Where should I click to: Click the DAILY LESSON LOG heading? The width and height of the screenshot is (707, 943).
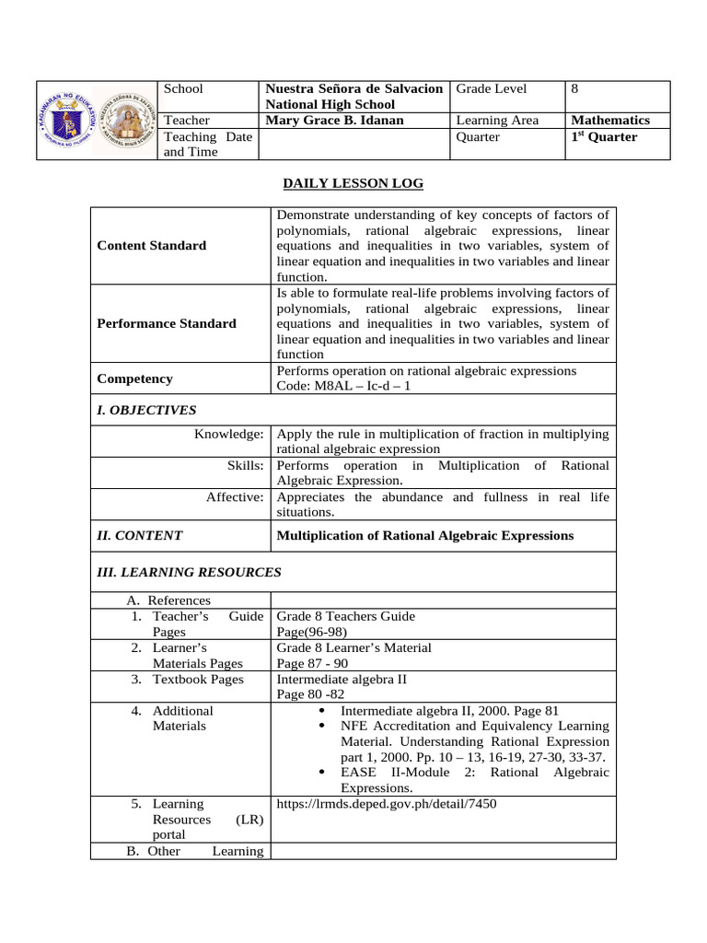(x=353, y=184)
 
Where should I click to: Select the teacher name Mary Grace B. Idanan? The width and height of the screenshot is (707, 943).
(x=334, y=121)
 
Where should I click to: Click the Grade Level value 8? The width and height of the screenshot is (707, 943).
(x=575, y=89)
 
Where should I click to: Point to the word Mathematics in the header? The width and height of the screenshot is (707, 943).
(x=610, y=121)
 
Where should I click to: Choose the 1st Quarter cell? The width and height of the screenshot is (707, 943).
(x=604, y=137)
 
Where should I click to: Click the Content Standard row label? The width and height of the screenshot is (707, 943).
(x=151, y=246)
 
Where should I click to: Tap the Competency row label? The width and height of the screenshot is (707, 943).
(x=134, y=378)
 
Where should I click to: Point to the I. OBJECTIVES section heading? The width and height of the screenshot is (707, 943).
(x=146, y=411)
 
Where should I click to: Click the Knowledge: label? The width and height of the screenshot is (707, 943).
(x=229, y=434)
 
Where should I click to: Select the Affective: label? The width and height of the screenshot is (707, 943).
(x=235, y=497)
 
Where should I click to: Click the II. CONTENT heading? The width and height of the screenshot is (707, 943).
(x=140, y=536)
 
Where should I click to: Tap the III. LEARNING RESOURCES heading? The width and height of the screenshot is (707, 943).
(x=189, y=573)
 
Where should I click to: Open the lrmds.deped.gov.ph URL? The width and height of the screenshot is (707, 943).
(x=387, y=804)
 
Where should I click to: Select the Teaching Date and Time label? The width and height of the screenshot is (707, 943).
(x=190, y=145)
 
